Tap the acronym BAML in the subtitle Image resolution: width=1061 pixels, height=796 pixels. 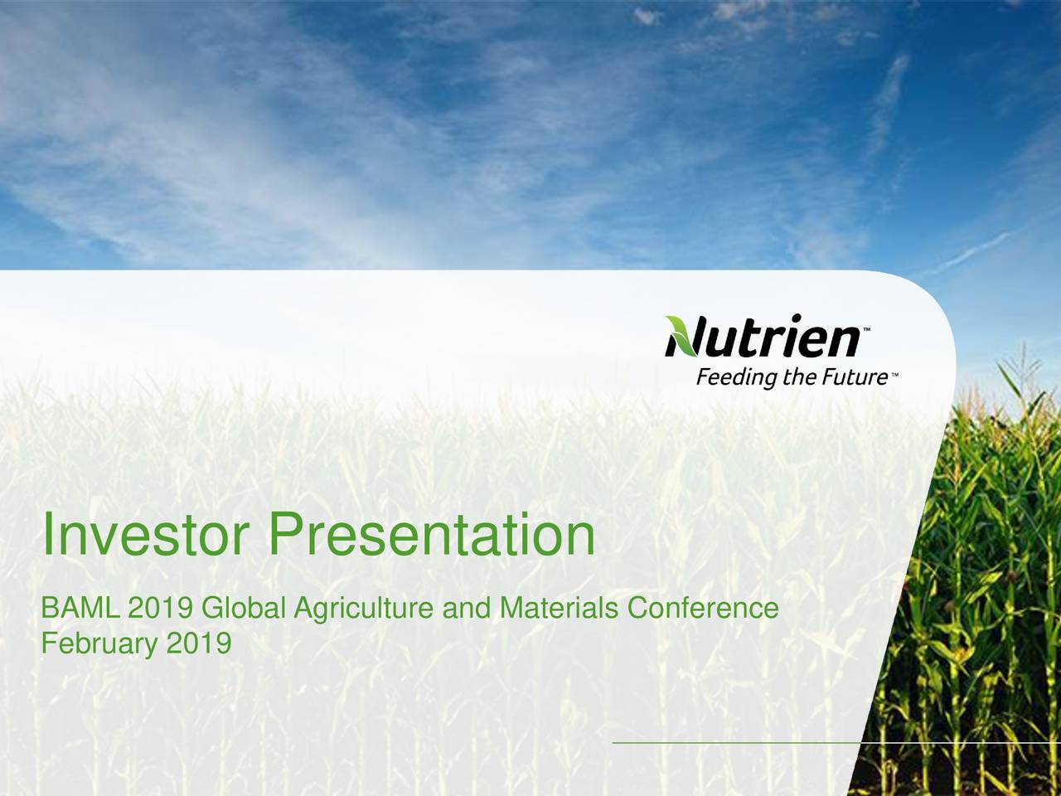coord(80,608)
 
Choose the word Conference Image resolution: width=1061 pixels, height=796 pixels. coord(703,608)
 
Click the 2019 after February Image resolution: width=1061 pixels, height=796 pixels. coord(199,643)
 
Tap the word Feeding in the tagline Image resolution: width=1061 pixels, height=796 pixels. coord(737,378)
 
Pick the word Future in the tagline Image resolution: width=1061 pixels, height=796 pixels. coord(852,377)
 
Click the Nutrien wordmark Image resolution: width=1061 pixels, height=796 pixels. coord(763,336)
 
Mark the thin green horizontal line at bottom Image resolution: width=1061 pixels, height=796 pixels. coord(836,755)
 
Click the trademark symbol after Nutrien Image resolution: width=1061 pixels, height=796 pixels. coord(866,329)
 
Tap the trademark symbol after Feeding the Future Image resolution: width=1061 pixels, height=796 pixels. coord(894,374)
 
